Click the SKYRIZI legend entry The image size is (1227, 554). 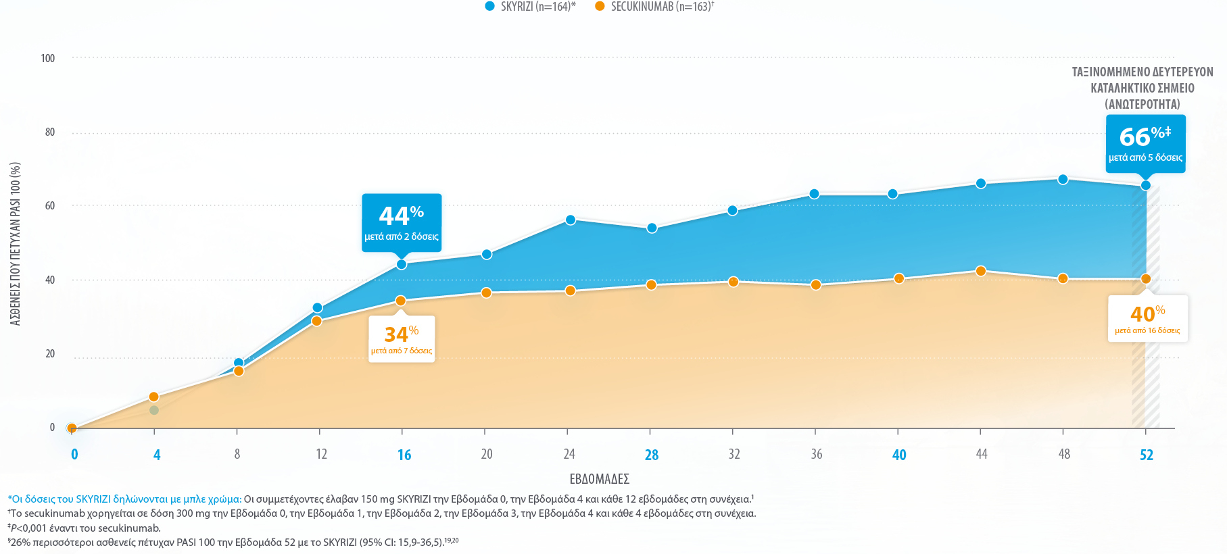click(531, 7)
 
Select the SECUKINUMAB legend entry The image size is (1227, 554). click(654, 7)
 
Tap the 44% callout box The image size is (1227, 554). click(402, 222)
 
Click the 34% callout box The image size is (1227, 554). click(402, 338)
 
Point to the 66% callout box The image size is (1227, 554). click(1145, 143)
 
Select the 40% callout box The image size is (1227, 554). click(1147, 318)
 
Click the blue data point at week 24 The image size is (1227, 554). click(571, 220)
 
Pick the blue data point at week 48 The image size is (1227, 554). click(1063, 179)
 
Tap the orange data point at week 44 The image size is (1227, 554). click(981, 271)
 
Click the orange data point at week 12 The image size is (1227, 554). click(316, 321)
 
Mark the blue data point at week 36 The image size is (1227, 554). click(815, 194)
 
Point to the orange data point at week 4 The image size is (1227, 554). click(153, 397)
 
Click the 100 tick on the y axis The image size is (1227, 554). click(48, 58)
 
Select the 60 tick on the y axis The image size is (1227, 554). click(50, 205)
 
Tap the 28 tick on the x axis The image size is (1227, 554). click(652, 455)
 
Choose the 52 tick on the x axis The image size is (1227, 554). click(1147, 455)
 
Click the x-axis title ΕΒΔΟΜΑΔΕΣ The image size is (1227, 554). click(600, 479)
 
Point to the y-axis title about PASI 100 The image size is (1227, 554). click(16, 243)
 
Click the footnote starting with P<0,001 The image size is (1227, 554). click(85, 528)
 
